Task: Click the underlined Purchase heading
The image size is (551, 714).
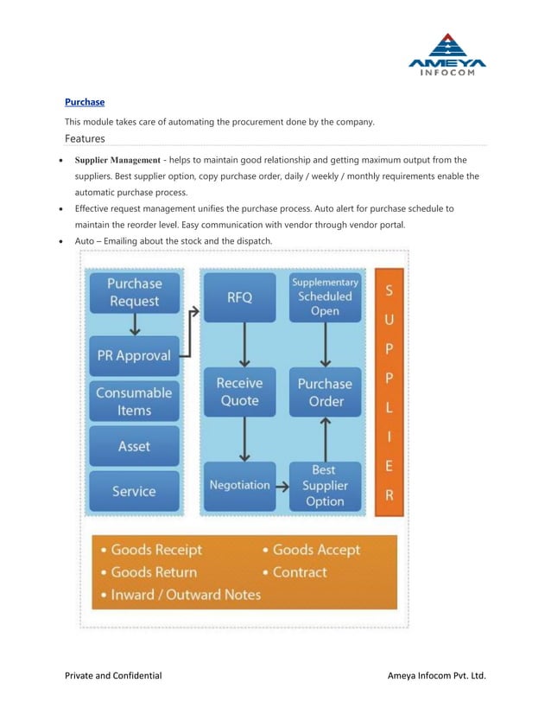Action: point(85,102)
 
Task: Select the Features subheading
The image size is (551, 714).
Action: point(85,138)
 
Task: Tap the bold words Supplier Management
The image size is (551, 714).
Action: point(117,160)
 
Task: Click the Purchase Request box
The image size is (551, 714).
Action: point(134,292)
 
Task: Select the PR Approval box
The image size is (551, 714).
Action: point(134,355)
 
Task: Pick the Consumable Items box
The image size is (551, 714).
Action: point(134,401)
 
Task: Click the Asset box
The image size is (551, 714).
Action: point(134,446)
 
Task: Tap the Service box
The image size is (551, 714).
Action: point(134,491)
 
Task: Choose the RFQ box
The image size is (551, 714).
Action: point(239,297)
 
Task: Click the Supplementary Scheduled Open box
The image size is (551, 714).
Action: point(325,296)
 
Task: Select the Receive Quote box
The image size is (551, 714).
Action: point(239,392)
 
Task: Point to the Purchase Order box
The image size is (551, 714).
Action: point(325,392)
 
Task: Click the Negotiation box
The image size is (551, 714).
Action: point(239,485)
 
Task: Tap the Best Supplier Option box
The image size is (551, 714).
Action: point(325,485)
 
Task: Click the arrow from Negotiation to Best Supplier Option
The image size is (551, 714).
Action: point(282,486)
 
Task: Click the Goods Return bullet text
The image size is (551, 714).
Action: point(154,572)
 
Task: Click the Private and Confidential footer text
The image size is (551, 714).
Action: point(113,675)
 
